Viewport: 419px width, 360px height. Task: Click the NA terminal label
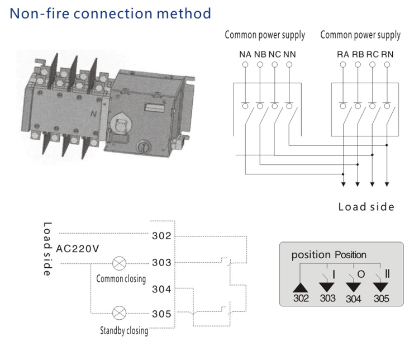pyautogui.click(x=245, y=54)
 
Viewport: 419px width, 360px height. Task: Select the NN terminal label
pyautogui.click(x=289, y=54)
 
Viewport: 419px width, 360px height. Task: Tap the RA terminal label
pyautogui.click(x=342, y=54)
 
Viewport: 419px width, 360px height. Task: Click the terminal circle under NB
pyautogui.click(x=260, y=65)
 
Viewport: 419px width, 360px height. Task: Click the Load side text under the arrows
pyautogui.click(x=366, y=207)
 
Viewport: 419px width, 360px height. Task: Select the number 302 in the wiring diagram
pyautogui.click(x=161, y=235)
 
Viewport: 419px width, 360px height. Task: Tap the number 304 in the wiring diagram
pyautogui.click(x=161, y=289)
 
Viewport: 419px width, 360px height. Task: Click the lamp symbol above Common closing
pyautogui.click(x=120, y=263)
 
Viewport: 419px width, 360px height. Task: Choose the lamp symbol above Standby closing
pyautogui.click(x=120, y=314)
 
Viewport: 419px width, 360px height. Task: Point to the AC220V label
pyautogui.click(x=78, y=248)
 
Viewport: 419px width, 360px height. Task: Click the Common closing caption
pyautogui.click(x=121, y=278)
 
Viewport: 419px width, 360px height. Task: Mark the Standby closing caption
pyautogui.click(x=124, y=330)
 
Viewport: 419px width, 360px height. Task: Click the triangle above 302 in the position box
pyautogui.click(x=301, y=286)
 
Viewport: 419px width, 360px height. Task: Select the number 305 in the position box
pyautogui.click(x=382, y=299)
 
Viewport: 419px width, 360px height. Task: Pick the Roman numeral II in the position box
pyautogui.click(x=387, y=275)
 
